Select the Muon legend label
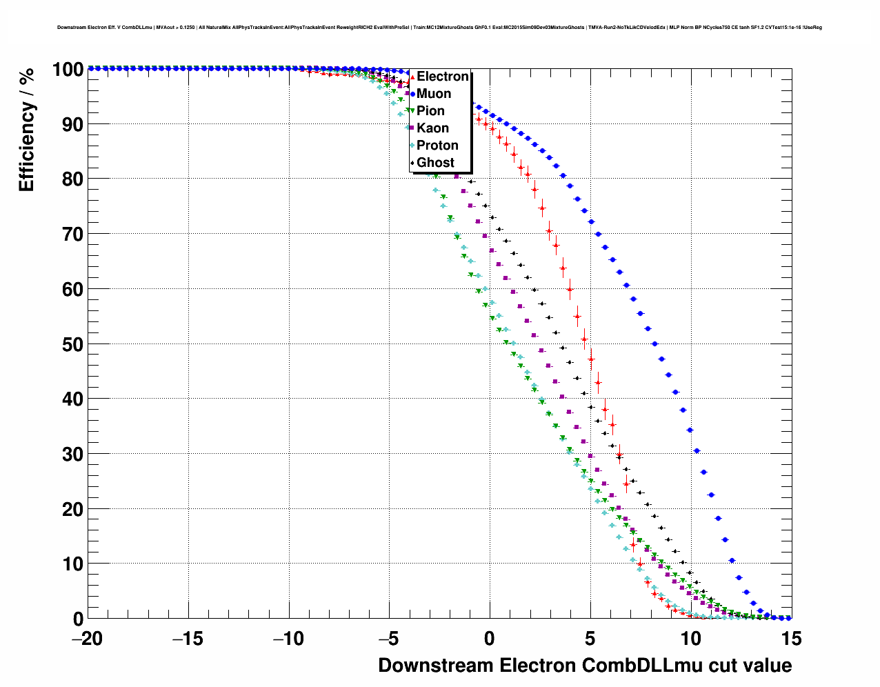(x=434, y=94)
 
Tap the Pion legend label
(x=430, y=111)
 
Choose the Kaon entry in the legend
(x=432, y=128)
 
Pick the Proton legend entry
(x=437, y=146)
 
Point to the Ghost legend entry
(x=435, y=163)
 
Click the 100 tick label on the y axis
(x=67, y=70)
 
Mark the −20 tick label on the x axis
(x=87, y=639)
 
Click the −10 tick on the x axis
(x=288, y=639)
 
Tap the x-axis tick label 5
(x=590, y=639)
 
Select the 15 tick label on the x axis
(x=792, y=639)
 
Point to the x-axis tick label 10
(x=691, y=639)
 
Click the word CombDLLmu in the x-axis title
(x=636, y=666)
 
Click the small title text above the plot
(x=439, y=28)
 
